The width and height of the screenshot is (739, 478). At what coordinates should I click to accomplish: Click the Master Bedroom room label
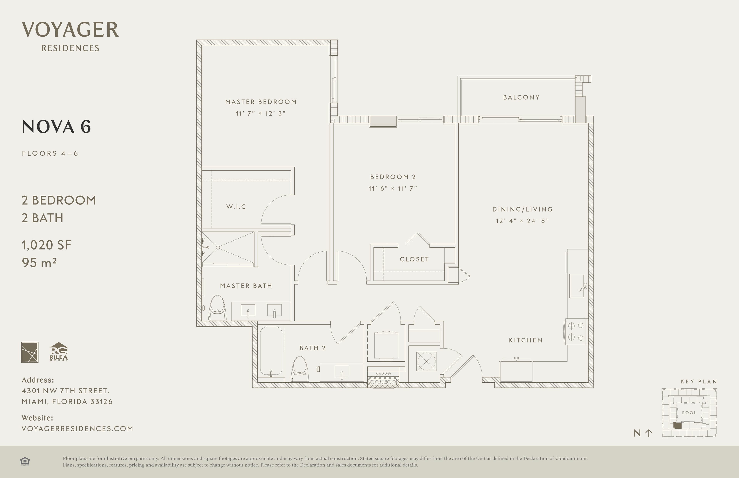(x=261, y=102)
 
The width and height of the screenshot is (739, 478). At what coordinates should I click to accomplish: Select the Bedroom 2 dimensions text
(x=393, y=188)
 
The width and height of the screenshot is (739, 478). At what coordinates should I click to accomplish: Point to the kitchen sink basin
(x=576, y=286)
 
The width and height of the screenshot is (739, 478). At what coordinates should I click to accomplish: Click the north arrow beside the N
(x=649, y=433)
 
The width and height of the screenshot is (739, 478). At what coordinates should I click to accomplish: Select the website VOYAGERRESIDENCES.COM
(x=77, y=429)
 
